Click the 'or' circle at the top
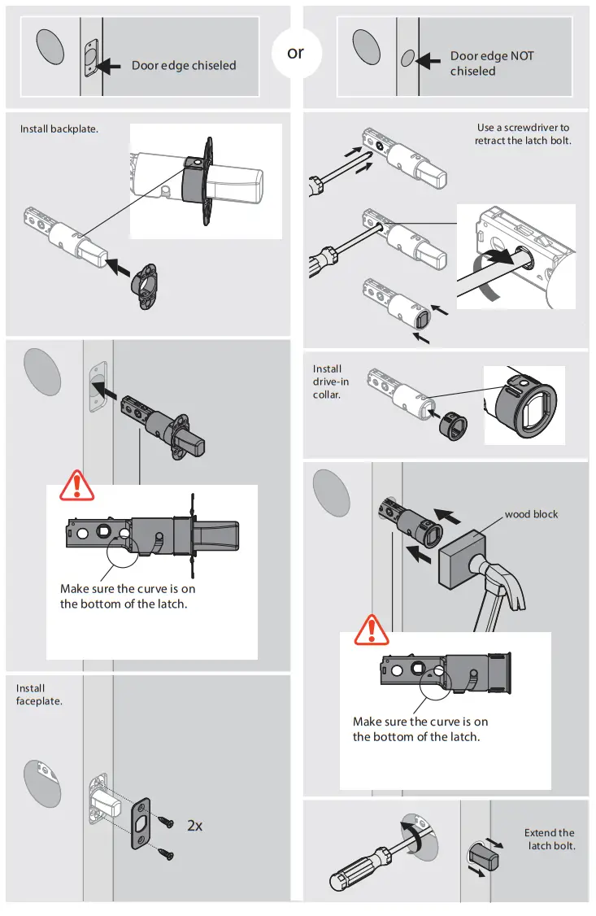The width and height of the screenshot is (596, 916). click(296, 53)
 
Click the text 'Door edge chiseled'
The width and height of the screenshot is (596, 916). click(184, 65)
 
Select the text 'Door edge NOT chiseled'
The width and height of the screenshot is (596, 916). click(492, 63)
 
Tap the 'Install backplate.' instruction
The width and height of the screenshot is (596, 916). click(59, 129)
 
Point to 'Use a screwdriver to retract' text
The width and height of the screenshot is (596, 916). click(522, 134)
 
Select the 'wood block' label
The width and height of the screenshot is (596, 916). click(531, 514)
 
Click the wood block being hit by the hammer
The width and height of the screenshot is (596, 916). click(461, 561)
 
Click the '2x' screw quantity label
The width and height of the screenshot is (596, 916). click(194, 826)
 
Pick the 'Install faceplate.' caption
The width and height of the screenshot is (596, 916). click(39, 695)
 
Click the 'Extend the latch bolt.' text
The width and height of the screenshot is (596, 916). click(550, 840)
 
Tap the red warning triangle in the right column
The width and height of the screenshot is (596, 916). click(372, 630)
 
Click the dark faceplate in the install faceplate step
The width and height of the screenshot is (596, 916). click(142, 823)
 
